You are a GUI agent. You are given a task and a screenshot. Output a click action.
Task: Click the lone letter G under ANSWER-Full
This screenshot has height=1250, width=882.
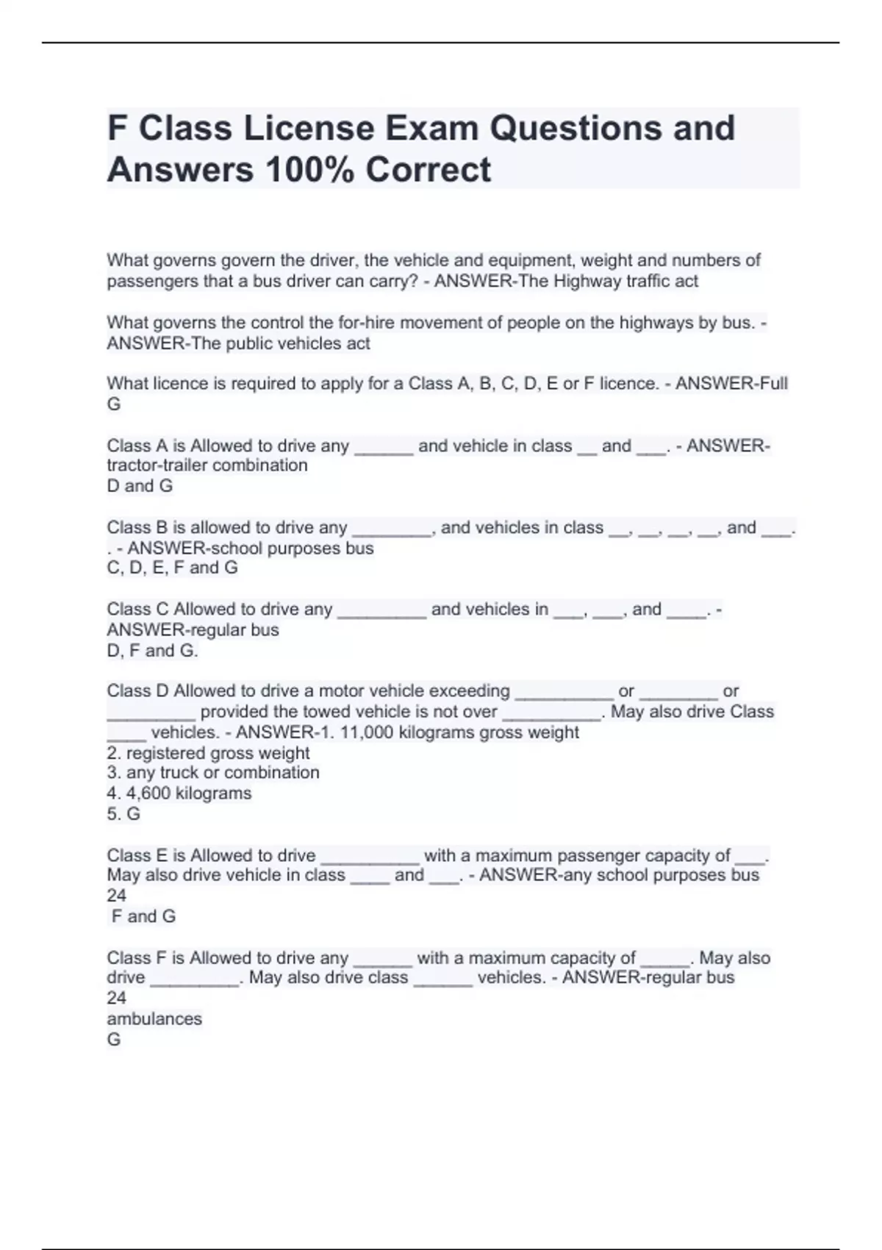(x=114, y=404)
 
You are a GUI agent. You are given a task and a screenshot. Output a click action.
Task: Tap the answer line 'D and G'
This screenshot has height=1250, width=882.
(x=140, y=486)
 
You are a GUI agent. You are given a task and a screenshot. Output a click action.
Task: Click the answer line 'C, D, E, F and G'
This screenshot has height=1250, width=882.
(x=172, y=568)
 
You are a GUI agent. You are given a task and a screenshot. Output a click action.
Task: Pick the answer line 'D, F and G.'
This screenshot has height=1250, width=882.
(x=152, y=651)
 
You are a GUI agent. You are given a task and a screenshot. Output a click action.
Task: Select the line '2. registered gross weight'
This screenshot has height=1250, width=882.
(x=208, y=753)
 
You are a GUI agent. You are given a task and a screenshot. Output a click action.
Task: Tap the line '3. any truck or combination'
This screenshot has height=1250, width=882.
(x=213, y=773)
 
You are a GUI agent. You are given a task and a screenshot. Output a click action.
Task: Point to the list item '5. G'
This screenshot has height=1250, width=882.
(x=123, y=814)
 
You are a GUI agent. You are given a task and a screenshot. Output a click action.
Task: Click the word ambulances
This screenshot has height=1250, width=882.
(x=154, y=1019)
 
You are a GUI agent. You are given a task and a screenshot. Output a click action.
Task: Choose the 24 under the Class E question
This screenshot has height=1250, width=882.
(x=116, y=896)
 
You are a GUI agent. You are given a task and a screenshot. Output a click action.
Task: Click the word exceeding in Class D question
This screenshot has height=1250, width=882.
(x=469, y=691)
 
